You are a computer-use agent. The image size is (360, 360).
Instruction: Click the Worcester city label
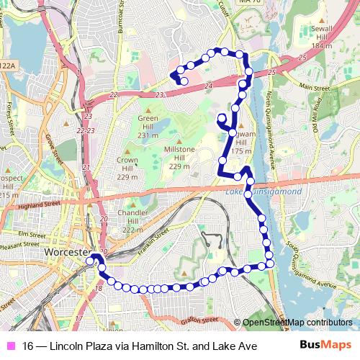click(64, 255)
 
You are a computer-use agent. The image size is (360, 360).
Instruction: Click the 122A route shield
click(9, 65)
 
